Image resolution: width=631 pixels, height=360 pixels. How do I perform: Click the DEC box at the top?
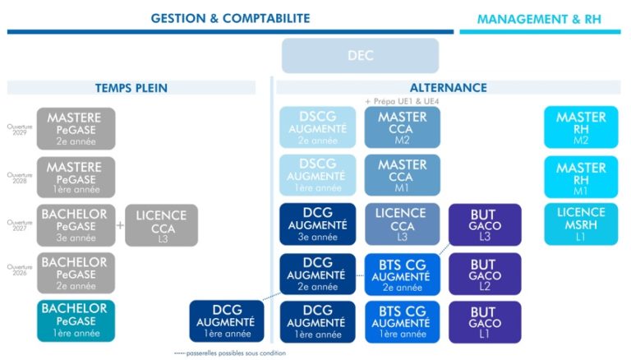coord(360,56)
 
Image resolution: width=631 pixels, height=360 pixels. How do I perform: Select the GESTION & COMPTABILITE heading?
coord(230,18)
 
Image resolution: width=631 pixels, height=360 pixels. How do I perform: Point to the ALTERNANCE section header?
coord(448,88)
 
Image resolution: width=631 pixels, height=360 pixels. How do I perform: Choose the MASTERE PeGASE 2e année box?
coord(76,128)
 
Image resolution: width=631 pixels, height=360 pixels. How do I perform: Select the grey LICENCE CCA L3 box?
coord(162,225)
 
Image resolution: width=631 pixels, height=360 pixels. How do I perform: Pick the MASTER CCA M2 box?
coord(403,128)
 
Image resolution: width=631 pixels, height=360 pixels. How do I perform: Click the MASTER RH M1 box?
coord(581,178)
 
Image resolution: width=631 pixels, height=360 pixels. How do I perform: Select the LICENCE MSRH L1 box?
coord(581,224)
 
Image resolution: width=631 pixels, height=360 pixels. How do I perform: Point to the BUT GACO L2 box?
coord(485,274)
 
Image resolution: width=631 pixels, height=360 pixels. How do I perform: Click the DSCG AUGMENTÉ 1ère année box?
coord(317,176)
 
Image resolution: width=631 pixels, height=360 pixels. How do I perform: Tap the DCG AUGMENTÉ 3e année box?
coord(317,225)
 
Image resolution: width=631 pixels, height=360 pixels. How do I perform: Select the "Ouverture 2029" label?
coord(19,129)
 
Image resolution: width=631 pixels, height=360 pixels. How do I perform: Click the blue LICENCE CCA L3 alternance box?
coord(403,225)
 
